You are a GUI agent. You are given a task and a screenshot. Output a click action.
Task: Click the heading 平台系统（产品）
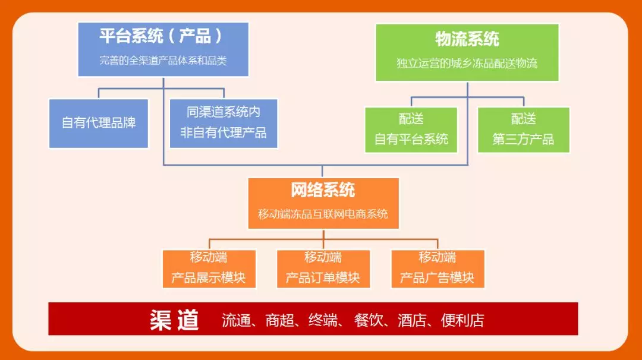(x=161, y=37)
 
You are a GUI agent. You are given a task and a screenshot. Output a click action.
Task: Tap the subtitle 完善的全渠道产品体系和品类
(x=163, y=60)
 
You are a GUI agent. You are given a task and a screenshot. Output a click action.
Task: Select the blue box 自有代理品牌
(x=99, y=123)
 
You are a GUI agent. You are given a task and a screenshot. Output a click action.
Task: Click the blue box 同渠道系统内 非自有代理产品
(x=224, y=122)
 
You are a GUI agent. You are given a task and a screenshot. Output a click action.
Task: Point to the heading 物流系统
(x=467, y=39)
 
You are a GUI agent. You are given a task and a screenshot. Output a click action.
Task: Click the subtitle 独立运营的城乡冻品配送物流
(x=467, y=63)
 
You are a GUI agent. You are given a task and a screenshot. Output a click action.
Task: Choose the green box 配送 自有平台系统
(x=411, y=130)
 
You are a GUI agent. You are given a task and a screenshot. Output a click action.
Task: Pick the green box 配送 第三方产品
(x=523, y=130)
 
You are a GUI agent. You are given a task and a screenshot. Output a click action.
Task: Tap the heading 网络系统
(x=323, y=190)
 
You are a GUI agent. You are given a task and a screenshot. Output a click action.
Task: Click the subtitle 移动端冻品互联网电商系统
(x=323, y=214)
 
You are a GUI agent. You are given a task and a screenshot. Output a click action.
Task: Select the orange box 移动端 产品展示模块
(x=209, y=269)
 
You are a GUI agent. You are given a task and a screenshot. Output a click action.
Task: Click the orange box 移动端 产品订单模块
(x=323, y=269)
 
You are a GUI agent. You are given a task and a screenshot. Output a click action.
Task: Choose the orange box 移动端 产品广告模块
(x=438, y=269)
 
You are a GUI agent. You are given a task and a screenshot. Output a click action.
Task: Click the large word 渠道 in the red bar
(x=174, y=320)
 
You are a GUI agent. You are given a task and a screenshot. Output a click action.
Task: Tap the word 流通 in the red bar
(x=236, y=321)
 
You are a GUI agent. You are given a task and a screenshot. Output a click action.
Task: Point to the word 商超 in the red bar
(x=279, y=321)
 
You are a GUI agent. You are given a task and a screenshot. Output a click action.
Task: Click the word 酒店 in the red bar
(x=412, y=321)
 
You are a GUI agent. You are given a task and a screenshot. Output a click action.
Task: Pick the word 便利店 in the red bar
(x=462, y=321)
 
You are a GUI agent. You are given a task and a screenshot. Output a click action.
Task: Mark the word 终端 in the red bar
(x=323, y=321)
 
